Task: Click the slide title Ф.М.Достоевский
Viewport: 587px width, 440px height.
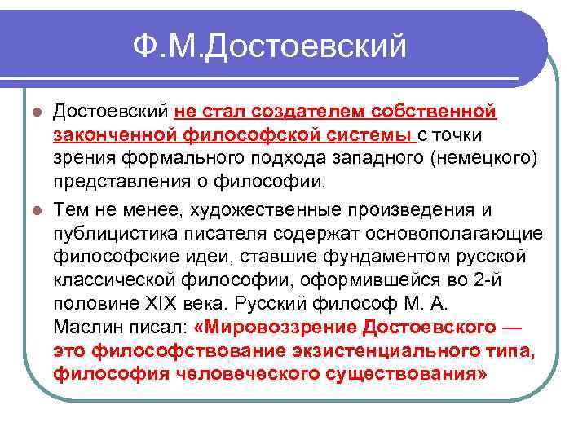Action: click(x=271, y=46)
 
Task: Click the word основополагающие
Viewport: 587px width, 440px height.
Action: click(x=459, y=235)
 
